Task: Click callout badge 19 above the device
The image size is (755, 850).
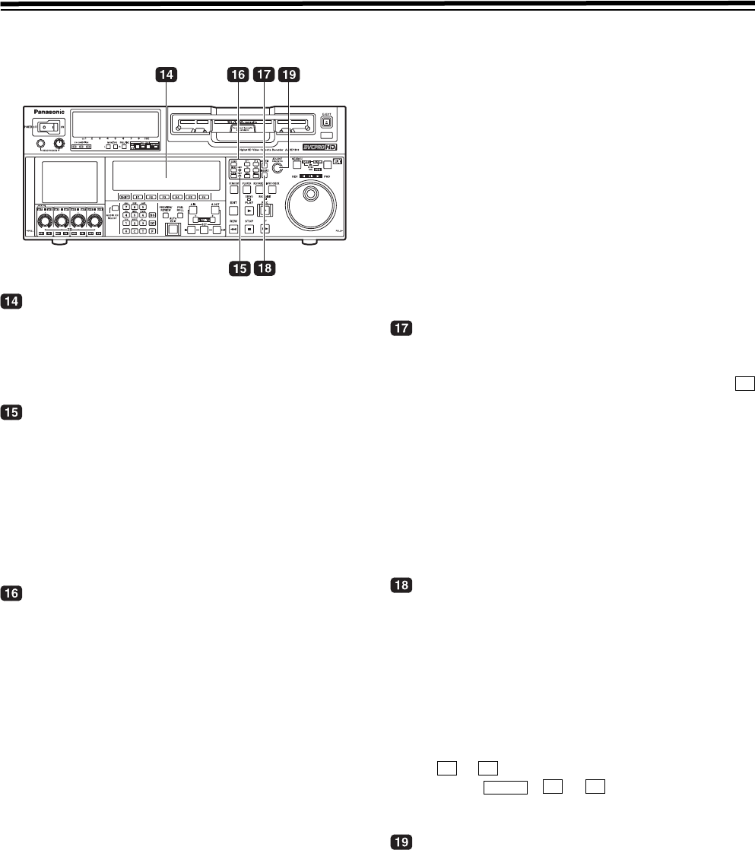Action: (x=288, y=75)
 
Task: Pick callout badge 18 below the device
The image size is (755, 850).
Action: (x=264, y=268)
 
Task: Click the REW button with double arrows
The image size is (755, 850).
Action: (x=233, y=228)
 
